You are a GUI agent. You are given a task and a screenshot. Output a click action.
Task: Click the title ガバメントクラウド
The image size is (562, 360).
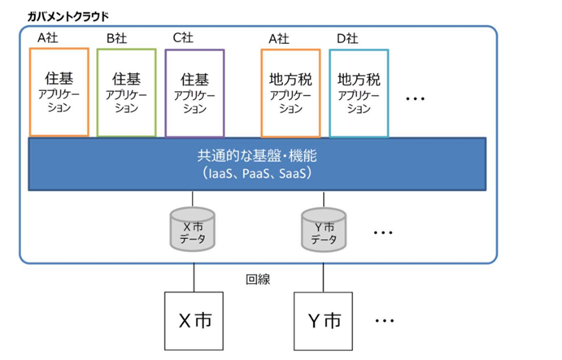click(x=68, y=17)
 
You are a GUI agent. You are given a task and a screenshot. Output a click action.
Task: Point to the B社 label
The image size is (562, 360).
click(x=117, y=38)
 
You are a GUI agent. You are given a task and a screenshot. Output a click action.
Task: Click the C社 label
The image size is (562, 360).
click(x=183, y=37)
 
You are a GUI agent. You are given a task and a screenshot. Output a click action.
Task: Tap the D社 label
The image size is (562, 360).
click(x=347, y=38)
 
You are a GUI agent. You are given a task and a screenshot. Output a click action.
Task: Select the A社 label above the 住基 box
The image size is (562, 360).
click(x=48, y=37)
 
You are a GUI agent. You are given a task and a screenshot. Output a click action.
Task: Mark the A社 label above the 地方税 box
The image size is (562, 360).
click(x=279, y=38)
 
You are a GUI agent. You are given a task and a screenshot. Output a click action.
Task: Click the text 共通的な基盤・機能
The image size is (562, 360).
click(x=257, y=156)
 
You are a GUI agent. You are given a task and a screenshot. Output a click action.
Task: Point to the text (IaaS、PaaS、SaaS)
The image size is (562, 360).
click(x=257, y=173)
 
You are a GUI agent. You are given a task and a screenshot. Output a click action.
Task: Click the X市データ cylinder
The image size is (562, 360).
click(x=193, y=229)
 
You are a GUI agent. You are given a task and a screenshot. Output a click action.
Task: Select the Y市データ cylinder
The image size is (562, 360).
click(x=324, y=230)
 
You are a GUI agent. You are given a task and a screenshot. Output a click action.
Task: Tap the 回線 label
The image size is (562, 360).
click(x=258, y=280)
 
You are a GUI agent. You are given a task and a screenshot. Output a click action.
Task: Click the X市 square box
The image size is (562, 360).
click(x=194, y=321)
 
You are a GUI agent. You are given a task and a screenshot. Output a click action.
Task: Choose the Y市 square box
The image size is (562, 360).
click(x=324, y=321)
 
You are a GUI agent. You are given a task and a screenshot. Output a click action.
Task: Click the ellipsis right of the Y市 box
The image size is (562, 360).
click(x=385, y=321)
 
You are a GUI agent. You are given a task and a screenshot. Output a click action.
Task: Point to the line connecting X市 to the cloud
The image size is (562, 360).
click(x=194, y=278)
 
